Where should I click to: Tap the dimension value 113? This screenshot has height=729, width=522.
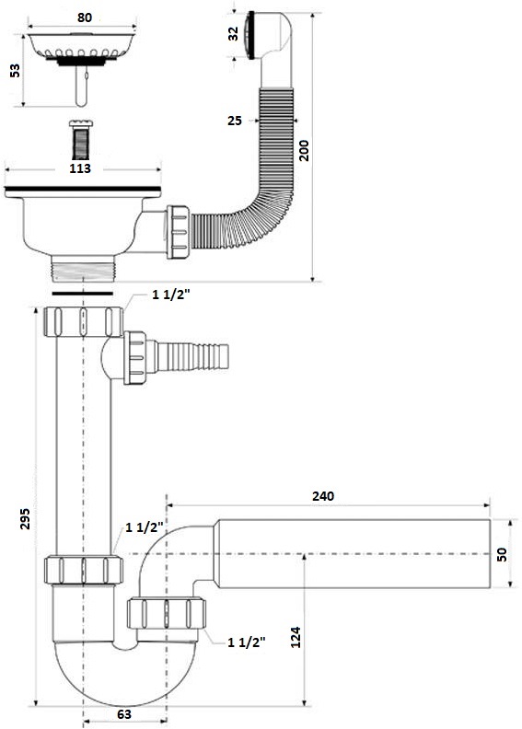click(84, 168)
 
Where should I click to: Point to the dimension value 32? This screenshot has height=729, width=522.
click(233, 34)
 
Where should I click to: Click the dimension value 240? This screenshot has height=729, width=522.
click(323, 495)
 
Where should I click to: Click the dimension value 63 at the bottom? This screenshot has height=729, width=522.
click(124, 713)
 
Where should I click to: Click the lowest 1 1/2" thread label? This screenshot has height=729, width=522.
click(246, 642)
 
